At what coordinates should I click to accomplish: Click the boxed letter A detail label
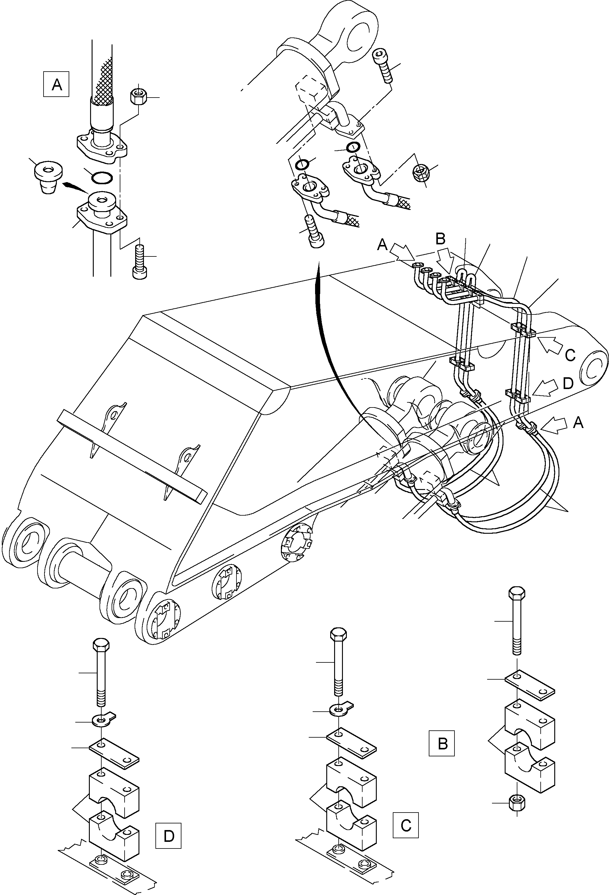[56, 84]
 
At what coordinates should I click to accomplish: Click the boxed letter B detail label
[442, 743]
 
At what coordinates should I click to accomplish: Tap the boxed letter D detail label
[168, 836]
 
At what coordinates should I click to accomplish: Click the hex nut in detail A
[138, 96]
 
